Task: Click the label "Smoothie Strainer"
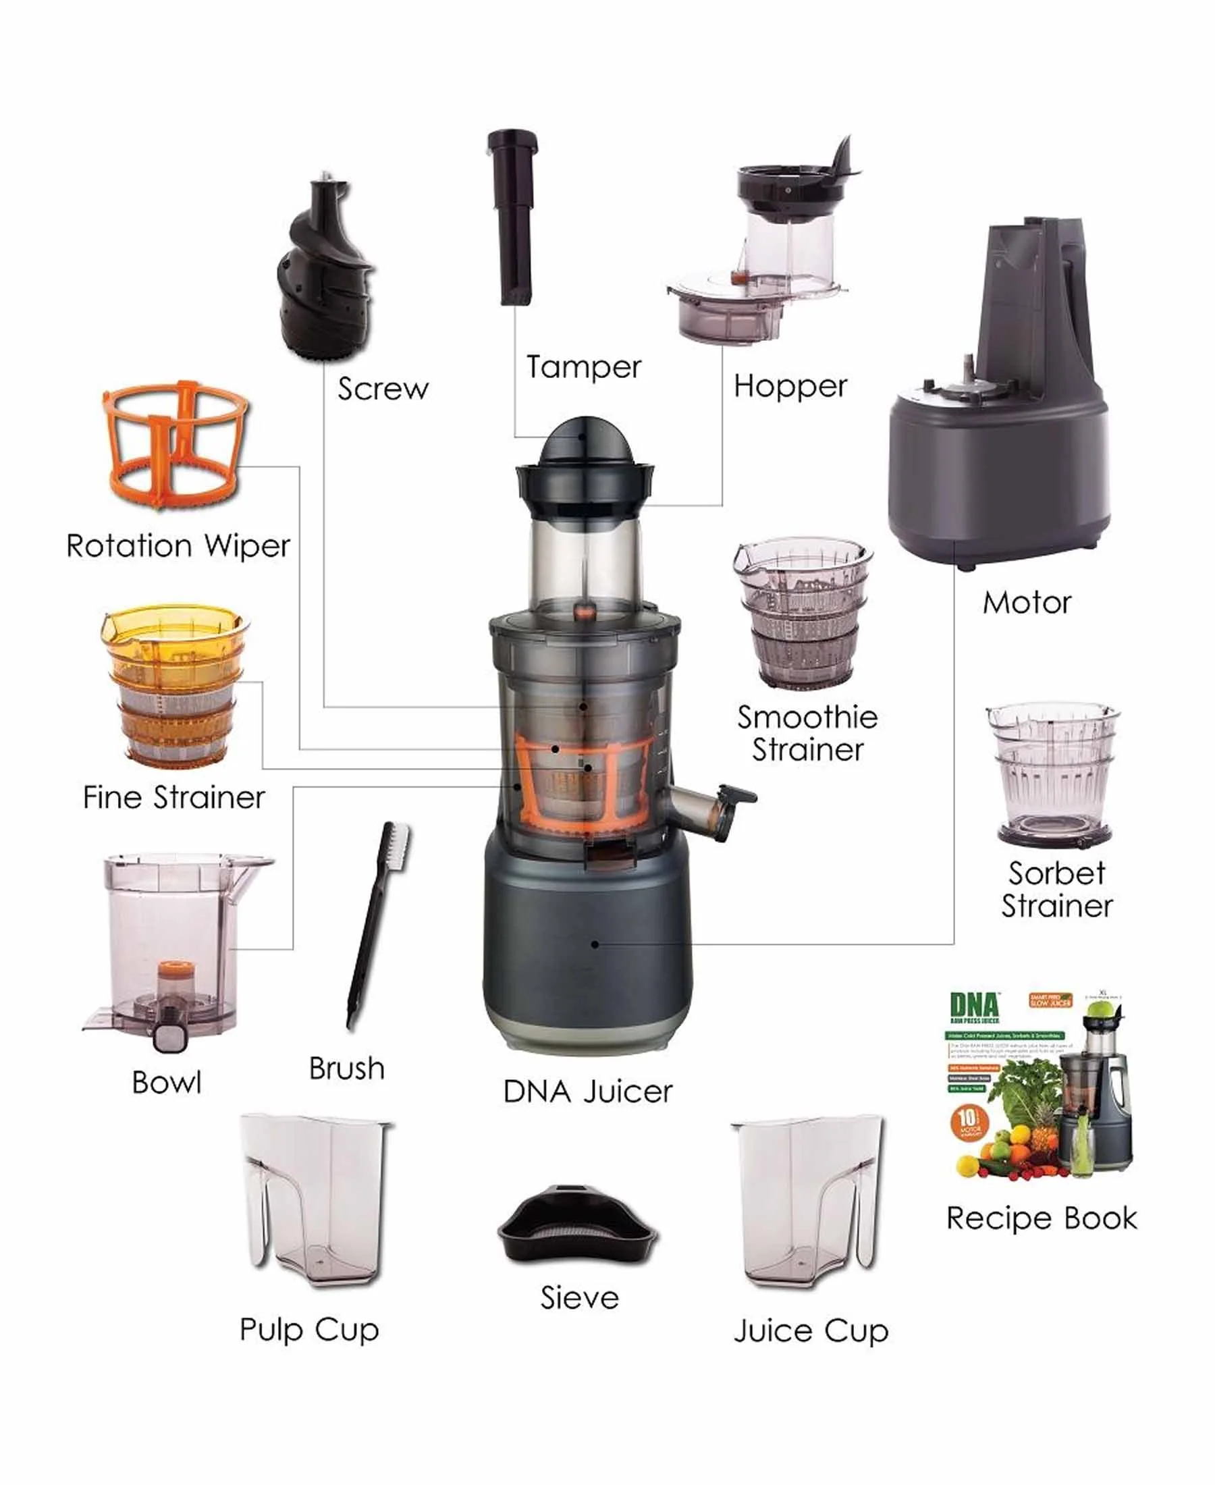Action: [x=807, y=734]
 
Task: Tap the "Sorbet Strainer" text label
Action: [x=1057, y=890]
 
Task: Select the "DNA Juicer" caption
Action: [x=588, y=1091]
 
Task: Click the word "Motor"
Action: [x=1027, y=603]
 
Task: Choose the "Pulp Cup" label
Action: [x=309, y=1330]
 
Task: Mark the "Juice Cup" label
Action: [x=811, y=1330]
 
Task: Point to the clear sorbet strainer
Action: [x=1053, y=774]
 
